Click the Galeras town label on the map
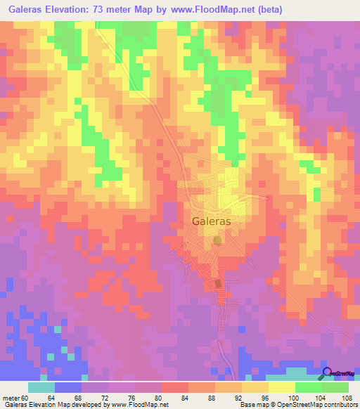tap(211, 220)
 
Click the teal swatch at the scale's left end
tap(41, 387)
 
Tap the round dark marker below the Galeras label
tap(217, 240)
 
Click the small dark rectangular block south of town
tap(218, 284)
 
